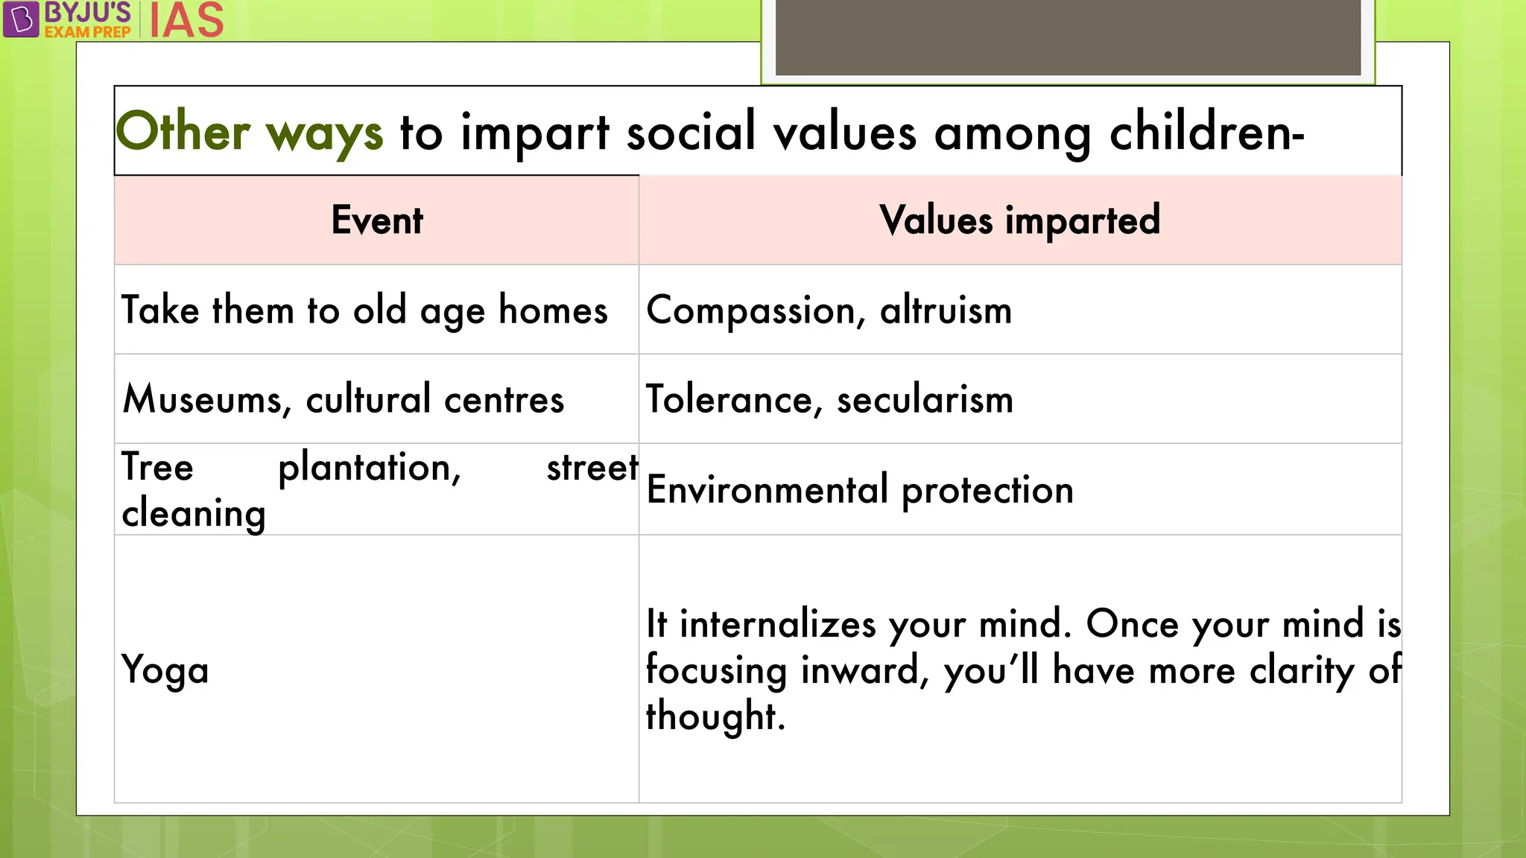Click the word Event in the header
coord(377,220)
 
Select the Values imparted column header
coord(1019,220)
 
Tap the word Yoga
coord(165,670)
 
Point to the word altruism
coord(946,311)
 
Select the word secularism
coord(925,399)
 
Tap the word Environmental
coord(767,490)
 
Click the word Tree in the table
coord(157,468)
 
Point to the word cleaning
coord(194,514)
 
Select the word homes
coord(553,311)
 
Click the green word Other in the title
coord(183,132)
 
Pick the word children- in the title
coord(1206,132)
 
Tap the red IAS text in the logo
coord(186,20)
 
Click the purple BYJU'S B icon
coord(21,19)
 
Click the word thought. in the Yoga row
coord(715,716)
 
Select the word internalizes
coord(777,624)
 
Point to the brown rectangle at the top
coord(1068,37)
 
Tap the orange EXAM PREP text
coord(87,32)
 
